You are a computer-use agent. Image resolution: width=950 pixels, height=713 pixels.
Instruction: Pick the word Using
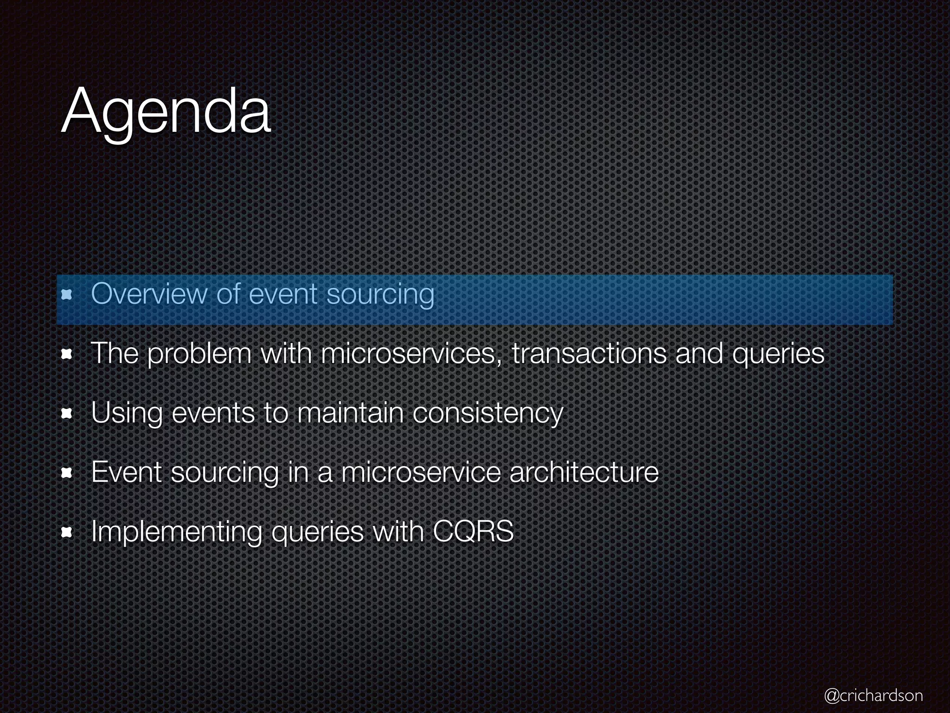(127, 413)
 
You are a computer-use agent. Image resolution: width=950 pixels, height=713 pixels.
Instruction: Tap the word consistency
(488, 413)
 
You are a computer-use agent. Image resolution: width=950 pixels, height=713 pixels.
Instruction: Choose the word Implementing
(176, 532)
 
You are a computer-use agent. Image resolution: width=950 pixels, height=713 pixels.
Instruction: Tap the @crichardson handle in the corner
(873, 695)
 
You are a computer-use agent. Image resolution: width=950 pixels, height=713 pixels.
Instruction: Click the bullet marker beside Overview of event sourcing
(67, 294)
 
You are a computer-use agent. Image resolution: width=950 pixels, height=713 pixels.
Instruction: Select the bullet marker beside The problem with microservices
(67, 355)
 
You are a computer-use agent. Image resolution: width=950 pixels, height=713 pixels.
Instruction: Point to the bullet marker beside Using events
(67, 414)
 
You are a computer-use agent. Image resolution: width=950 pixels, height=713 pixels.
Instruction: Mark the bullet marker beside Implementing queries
(67, 533)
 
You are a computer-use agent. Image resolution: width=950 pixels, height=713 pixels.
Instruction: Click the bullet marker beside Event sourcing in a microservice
(67, 473)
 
